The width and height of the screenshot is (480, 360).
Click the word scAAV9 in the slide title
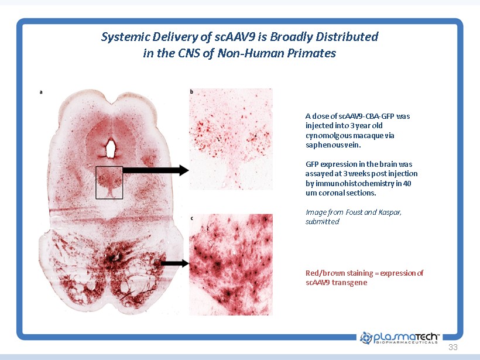235,37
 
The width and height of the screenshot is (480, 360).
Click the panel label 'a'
41,92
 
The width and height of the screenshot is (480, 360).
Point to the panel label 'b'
191,91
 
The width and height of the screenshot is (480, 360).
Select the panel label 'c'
191,218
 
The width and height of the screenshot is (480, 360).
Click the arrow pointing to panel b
156,170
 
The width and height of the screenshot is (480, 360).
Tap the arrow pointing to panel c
174,263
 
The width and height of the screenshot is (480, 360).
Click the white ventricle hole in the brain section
110,149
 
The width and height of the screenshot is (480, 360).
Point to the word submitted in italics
323,221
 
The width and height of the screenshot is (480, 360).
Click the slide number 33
453,347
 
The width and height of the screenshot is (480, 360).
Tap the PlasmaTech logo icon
366,338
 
